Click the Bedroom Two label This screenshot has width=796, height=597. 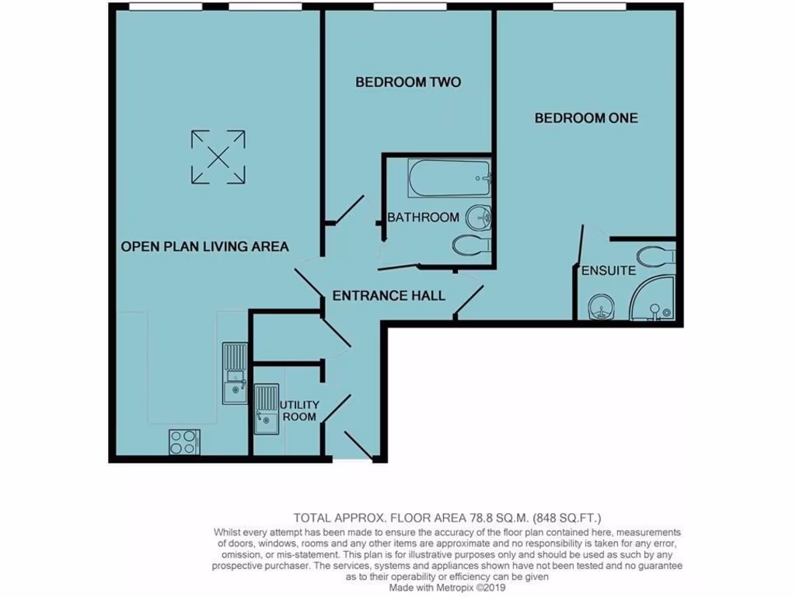point(408,82)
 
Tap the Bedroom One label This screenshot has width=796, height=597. point(586,118)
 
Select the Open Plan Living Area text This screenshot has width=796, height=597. point(204,246)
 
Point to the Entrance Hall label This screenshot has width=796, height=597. point(389,295)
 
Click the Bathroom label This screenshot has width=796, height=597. point(423,217)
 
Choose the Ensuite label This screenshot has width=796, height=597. point(609,271)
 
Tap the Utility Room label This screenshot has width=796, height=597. point(298,411)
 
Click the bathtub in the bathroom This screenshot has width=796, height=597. point(450,178)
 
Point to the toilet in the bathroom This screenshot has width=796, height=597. point(470,245)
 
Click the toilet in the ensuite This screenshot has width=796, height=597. point(656,255)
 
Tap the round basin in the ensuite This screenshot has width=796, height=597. point(601,306)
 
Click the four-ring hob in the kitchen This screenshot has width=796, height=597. point(183,442)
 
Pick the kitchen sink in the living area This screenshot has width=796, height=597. point(234,375)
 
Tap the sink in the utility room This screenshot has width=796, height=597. point(266,409)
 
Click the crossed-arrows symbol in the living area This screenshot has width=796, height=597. point(218,158)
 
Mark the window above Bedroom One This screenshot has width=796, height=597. point(589,7)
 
